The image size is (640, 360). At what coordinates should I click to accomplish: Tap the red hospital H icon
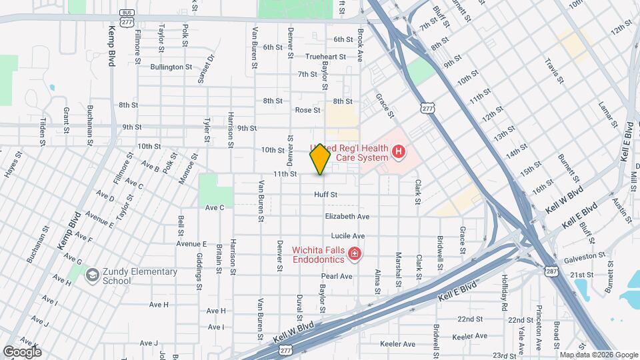pyautogui.click(x=399, y=153)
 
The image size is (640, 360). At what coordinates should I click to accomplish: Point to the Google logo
pyautogui.click(x=22, y=352)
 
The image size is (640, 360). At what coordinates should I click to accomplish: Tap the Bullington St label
pyautogui.click(x=171, y=67)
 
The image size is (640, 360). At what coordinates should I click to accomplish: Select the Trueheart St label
pyautogui.click(x=325, y=57)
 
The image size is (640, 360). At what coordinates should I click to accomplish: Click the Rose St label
pyautogui.click(x=307, y=110)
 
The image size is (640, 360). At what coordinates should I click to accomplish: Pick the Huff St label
pyautogui.click(x=326, y=195)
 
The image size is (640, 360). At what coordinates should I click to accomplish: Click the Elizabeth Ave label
pyautogui.click(x=347, y=217)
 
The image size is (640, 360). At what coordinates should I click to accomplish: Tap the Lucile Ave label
pyautogui.click(x=348, y=236)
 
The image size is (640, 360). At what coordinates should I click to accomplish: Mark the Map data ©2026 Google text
pyautogui.click(x=598, y=355)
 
